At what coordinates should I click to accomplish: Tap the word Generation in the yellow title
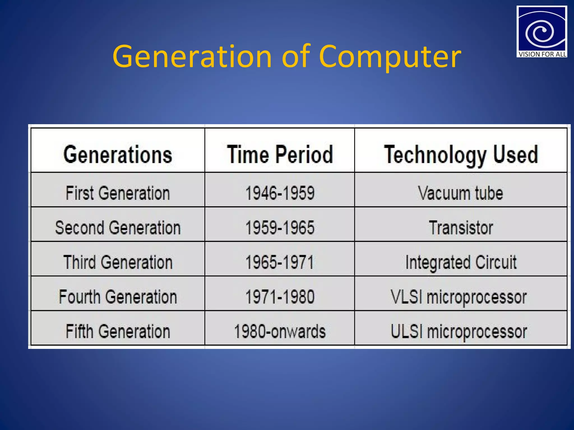click(x=192, y=57)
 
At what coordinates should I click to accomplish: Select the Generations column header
click(x=118, y=155)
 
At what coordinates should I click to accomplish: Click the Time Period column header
click(x=280, y=155)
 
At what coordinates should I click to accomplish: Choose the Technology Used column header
click(x=461, y=155)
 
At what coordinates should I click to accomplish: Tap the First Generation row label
click(x=118, y=193)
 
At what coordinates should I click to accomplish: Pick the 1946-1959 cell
click(x=280, y=193)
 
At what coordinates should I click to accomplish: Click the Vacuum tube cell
click(x=461, y=193)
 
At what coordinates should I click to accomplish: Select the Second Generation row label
click(x=118, y=228)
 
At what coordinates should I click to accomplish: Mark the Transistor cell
click(x=461, y=228)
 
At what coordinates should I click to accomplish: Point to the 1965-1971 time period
click(x=280, y=262)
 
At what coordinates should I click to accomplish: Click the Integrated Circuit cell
click(x=461, y=262)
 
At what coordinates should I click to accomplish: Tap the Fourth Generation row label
click(x=118, y=297)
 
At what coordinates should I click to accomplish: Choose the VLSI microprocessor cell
click(x=459, y=297)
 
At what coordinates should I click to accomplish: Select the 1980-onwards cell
click(x=280, y=331)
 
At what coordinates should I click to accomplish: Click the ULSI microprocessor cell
click(x=459, y=331)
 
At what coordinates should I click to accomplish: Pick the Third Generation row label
click(x=118, y=262)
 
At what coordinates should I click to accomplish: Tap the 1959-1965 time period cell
click(x=280, y=228)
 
